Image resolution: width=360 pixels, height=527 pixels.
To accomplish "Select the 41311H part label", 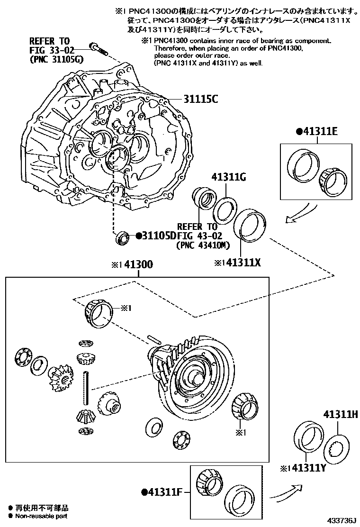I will pyautogui.click(x=340, y=415).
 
